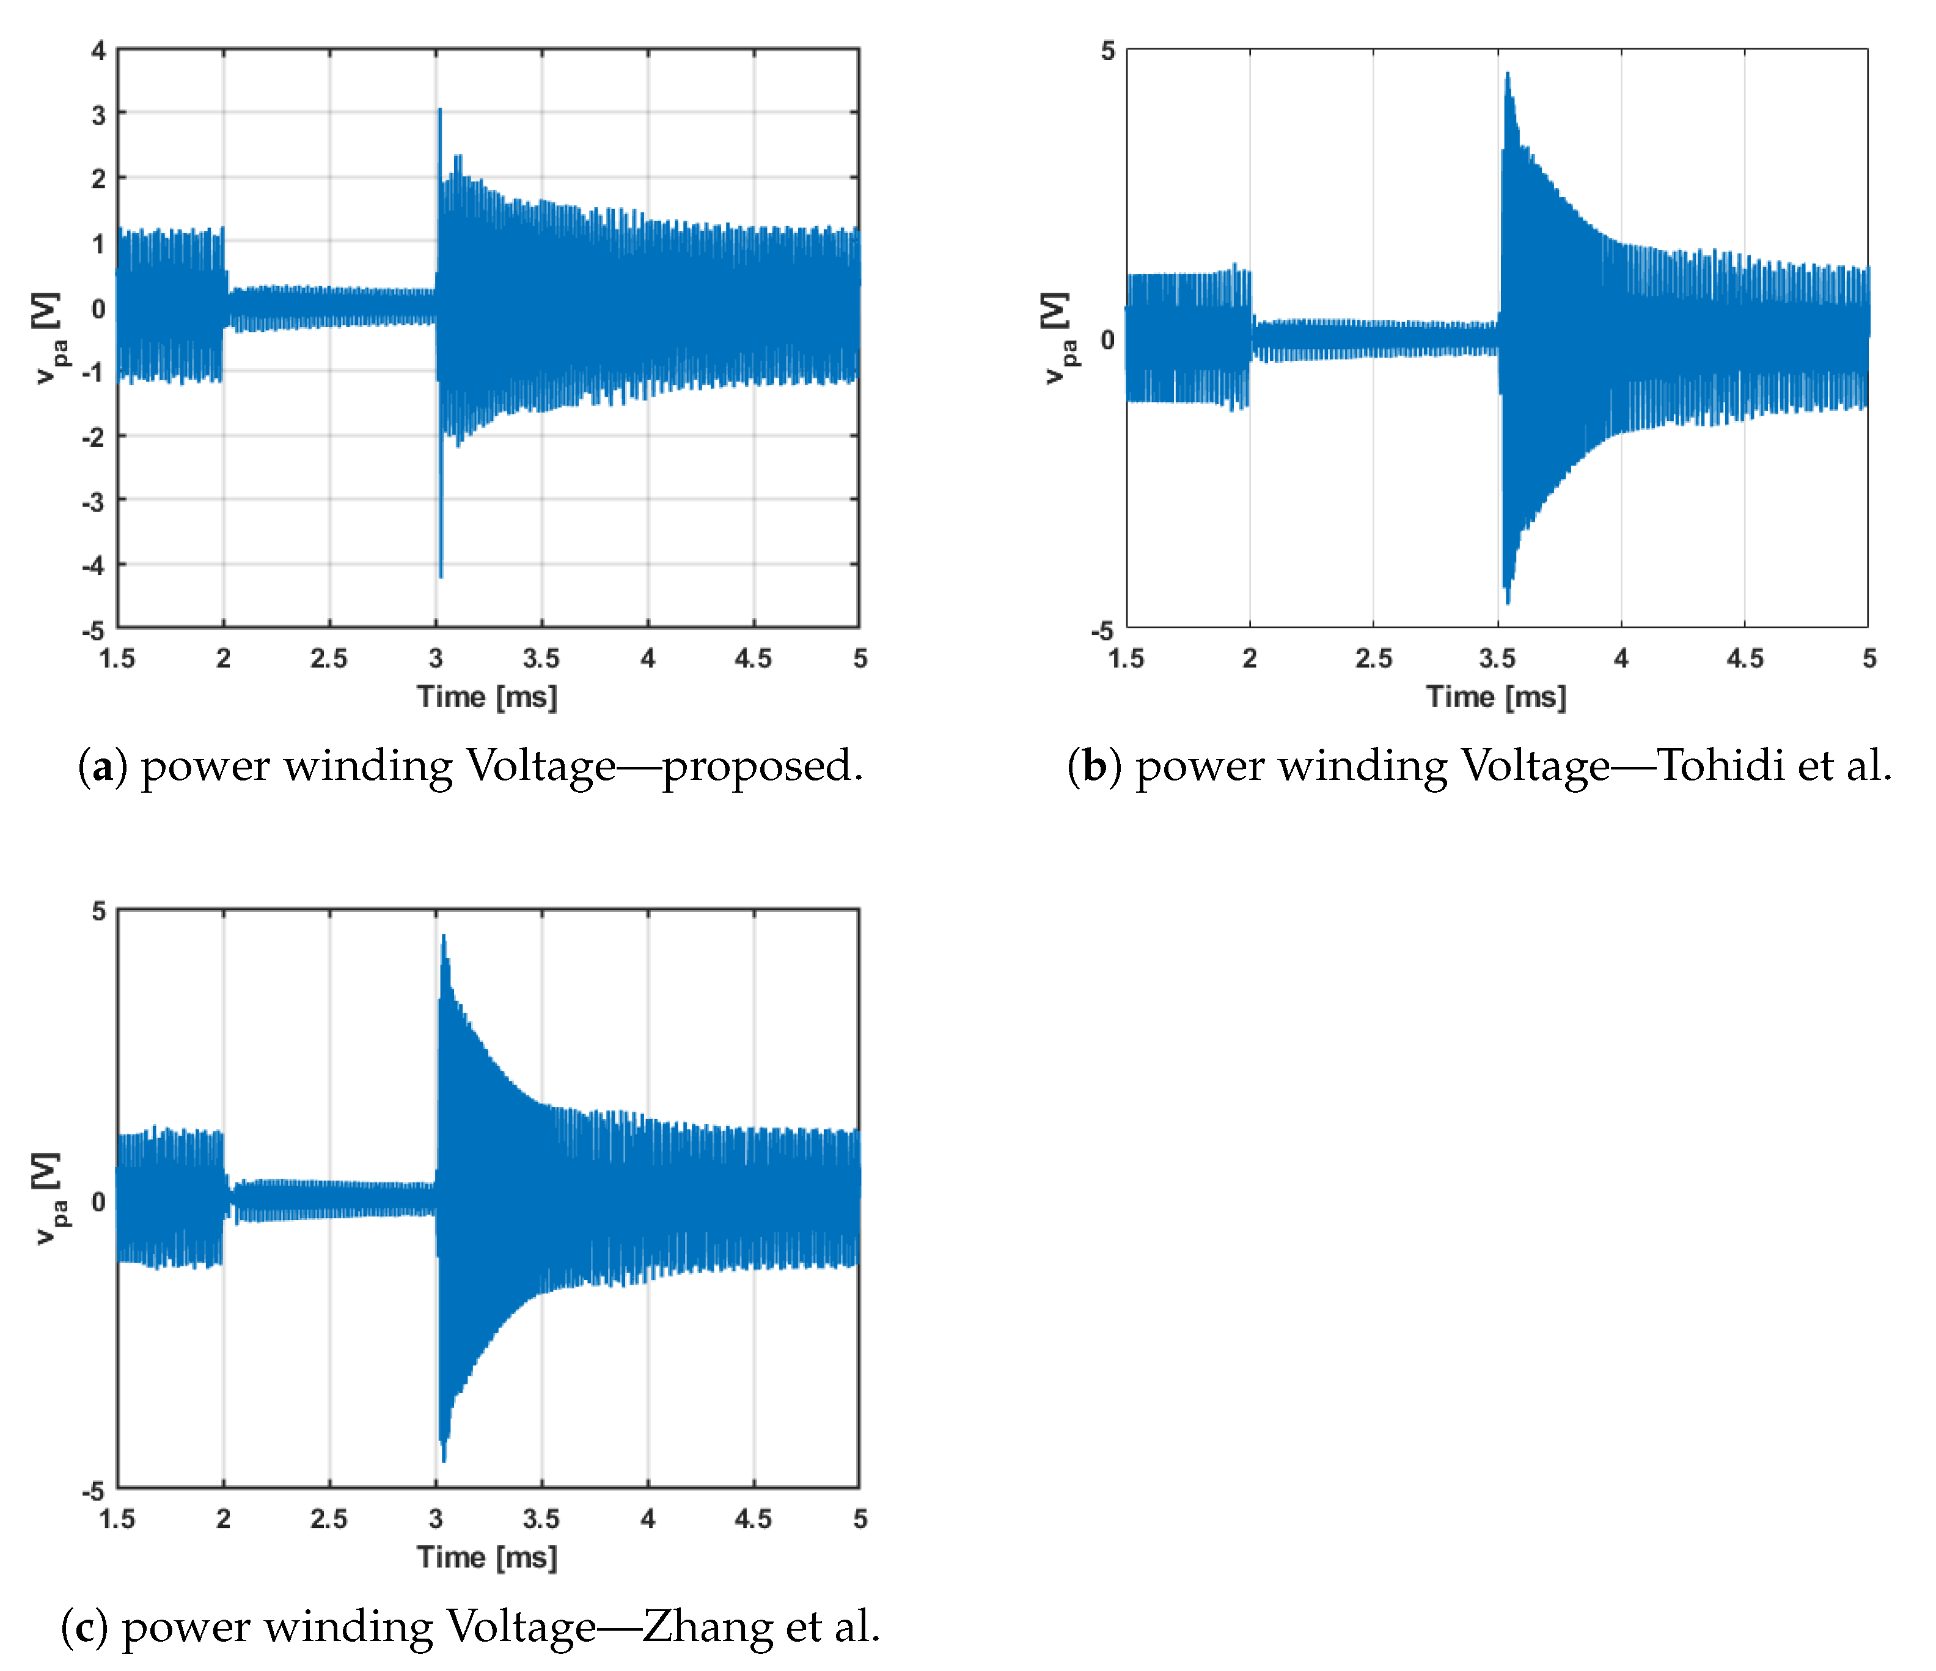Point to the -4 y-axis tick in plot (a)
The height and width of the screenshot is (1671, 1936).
click(x=94, y=565)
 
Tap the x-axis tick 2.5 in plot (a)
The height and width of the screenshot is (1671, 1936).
click(x=329, y=659)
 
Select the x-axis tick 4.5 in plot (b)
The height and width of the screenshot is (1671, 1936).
click(x=1745, y=659)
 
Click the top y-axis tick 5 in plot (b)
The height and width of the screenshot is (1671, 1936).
click(x=1108, y=51)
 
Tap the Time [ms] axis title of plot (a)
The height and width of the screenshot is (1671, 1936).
click(x=487, y=697)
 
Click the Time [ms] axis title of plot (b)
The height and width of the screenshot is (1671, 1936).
click(x=1496, y=697)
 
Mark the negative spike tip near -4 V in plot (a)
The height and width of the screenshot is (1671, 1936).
click(x=441, y=576)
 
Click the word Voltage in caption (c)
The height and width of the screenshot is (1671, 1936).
click(x=521, y=1627)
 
